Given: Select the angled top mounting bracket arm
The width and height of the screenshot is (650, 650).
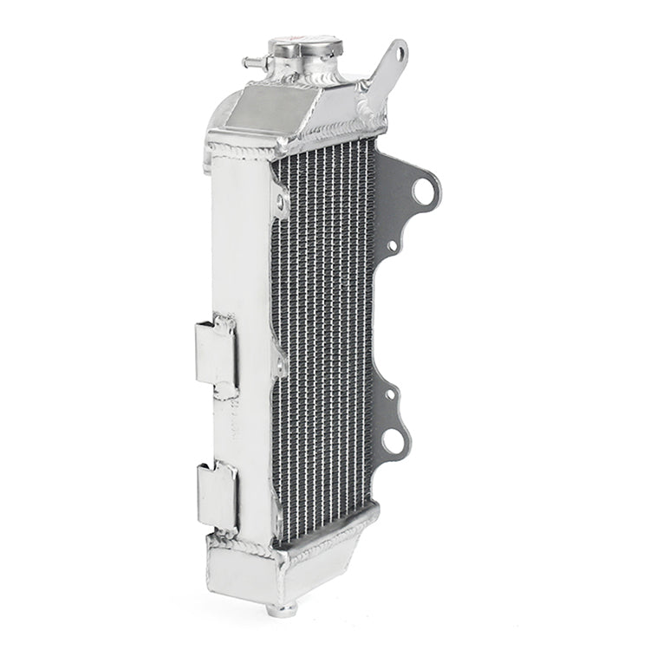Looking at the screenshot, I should pyautogui.click(x=387, y=74).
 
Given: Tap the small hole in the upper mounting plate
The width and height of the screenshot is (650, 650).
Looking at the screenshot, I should pyautogui.click(x=392, y=246).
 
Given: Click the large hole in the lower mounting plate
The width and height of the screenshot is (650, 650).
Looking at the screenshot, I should pyautogui.click(x=394, y=442).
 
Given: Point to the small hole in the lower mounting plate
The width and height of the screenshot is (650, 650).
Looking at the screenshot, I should pyautogui.click(x=390, y=394).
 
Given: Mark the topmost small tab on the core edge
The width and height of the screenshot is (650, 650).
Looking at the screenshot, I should pyautogui.click(x=281, y=203).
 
